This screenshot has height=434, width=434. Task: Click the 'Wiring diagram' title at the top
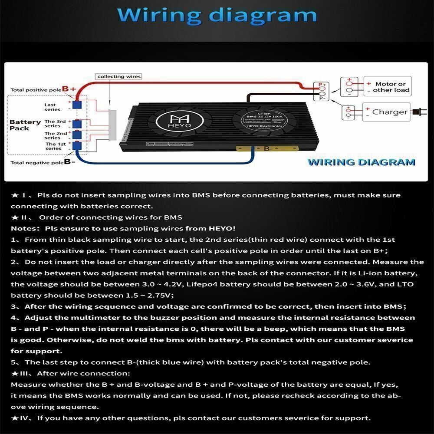tap(217, 16)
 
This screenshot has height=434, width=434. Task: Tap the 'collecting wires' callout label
tap(119, 76)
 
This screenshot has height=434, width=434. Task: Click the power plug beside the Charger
tap(418, 112)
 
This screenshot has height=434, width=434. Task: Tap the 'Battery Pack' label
tap(25, 125)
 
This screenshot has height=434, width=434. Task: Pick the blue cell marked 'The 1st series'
tap(77, 145)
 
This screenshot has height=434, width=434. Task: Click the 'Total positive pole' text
tap(36, 90)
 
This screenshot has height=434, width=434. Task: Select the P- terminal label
tap(322, 98)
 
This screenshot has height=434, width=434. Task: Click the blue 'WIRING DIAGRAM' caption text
tap(361, 162)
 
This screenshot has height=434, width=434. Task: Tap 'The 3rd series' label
tap(56, 124)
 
